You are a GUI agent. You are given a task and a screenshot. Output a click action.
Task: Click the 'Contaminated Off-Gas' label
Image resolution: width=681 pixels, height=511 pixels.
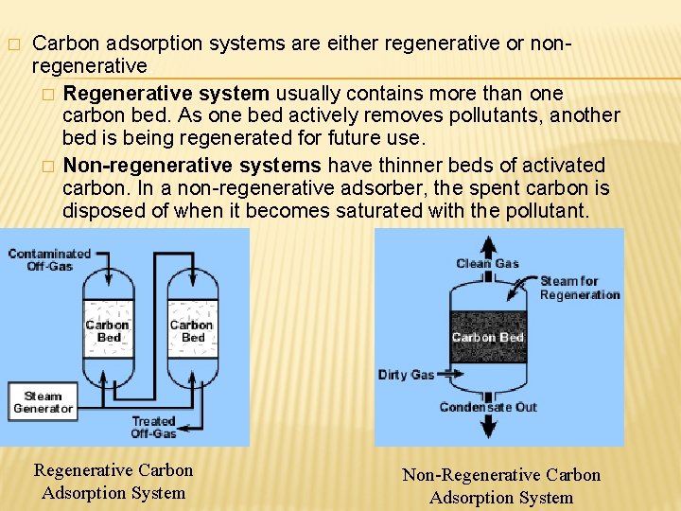point(49,259)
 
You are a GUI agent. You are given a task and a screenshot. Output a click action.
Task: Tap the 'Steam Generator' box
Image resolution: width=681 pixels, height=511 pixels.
point(43,402)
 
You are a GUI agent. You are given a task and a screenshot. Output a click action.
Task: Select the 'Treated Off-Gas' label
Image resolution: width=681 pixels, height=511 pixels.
point(153,427)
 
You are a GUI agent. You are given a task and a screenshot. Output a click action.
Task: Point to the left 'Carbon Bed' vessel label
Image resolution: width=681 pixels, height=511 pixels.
point(107,330)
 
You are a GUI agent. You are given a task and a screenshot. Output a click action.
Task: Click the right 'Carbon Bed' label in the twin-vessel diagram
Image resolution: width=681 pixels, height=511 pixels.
point(192,330)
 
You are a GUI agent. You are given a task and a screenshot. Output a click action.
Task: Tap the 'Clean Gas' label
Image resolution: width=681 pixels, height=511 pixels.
point(487,263)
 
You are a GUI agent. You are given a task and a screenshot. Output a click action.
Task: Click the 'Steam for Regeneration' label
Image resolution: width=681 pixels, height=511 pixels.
point(579,288)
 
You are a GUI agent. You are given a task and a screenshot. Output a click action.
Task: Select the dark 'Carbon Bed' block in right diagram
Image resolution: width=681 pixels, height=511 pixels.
point(487,337)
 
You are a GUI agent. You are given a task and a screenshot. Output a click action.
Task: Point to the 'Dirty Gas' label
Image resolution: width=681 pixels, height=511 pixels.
point(406,375)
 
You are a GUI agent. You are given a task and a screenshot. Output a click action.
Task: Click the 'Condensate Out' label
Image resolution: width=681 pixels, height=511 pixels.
point(487,407)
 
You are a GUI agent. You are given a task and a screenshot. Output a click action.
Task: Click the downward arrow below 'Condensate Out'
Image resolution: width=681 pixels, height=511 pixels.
point(487,428)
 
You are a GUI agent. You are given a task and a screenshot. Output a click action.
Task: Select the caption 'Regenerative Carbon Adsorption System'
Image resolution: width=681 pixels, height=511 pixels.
point(113,481)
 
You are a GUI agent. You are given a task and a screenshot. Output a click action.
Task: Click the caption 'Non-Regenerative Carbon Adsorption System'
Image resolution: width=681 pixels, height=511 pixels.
point(501,485)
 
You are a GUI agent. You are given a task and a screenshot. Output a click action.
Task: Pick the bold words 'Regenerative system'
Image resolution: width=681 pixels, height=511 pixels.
point(166,93)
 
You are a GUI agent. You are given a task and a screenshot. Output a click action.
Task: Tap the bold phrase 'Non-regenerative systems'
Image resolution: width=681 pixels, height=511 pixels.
point(192,165)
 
